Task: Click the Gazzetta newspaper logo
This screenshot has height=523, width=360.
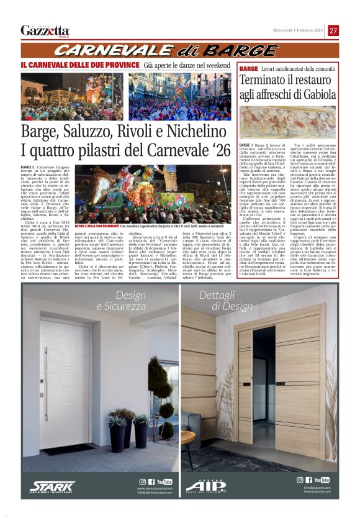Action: click(x=45, y=30)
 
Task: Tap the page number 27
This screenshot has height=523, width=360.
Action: click(x=333, y=30)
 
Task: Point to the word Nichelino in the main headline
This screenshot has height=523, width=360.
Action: click(x=196, y=132)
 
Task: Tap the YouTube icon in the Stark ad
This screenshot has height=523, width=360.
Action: click(x=164, y=481)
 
